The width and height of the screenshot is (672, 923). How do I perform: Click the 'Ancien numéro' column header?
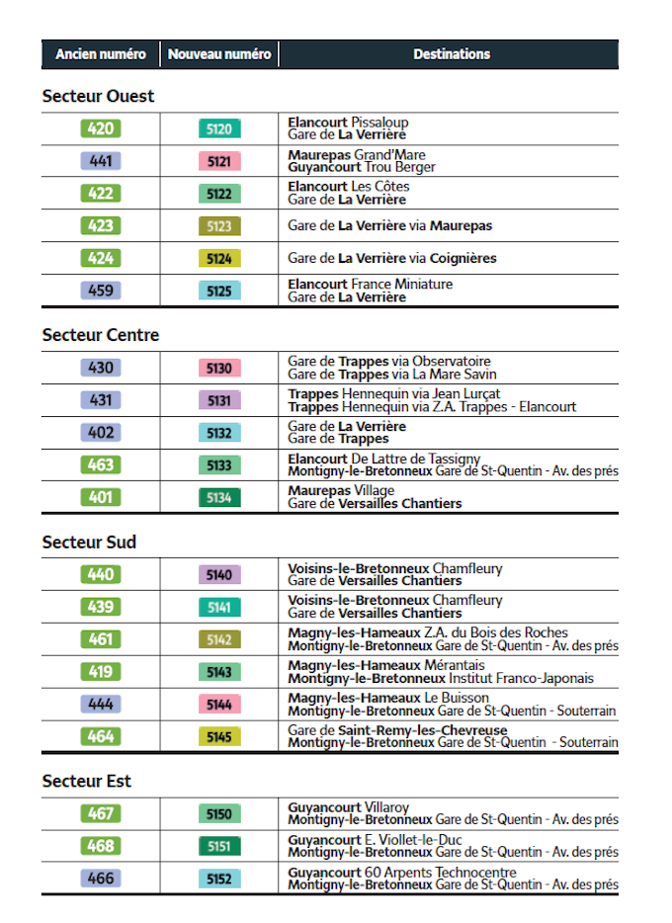(100, 54)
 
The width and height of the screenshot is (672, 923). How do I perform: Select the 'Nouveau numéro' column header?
(218, 54)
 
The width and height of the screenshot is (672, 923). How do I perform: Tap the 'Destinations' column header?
(451, 54)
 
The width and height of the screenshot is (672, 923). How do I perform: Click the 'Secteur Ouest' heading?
(98, 96)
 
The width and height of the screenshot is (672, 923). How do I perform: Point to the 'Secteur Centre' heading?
(100, 335)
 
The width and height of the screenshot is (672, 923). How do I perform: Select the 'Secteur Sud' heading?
(89, 542)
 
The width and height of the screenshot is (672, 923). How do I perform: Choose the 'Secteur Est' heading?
(87, 781)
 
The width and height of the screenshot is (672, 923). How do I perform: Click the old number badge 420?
(101, 128)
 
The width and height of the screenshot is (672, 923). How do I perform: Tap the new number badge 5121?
(219, 161)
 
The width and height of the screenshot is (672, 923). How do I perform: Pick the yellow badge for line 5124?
(219, 259)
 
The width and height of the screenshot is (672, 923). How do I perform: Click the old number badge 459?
(101, 292)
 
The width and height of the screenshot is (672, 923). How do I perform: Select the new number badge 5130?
(219, 368)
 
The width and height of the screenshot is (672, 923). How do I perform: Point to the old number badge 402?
(101, 433)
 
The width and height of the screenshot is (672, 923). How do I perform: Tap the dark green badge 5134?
(219, 497)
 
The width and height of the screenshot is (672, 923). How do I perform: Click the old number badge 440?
(101, 574)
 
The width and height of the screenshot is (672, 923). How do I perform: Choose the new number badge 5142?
(219, 639)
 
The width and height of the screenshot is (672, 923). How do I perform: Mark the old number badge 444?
(101, 705)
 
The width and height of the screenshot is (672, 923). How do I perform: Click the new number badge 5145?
(219, 737)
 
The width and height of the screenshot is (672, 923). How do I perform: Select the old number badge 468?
(101, 846)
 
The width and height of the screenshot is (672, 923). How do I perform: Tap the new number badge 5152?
(219, 879)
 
